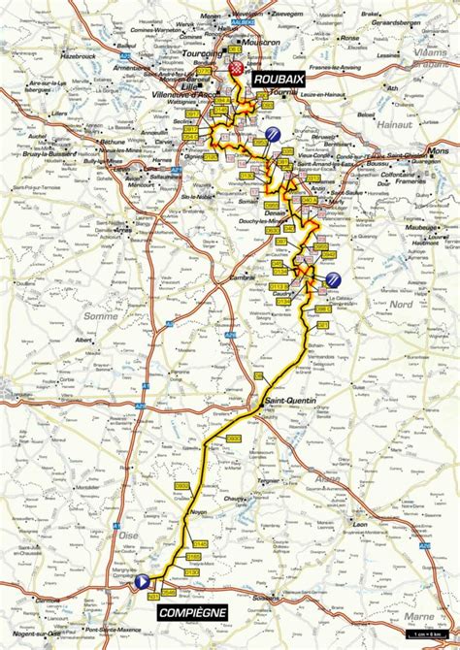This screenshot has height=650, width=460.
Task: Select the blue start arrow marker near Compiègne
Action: coord(142,581)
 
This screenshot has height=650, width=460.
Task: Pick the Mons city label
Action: coord(439,152)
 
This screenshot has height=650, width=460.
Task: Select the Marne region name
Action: coord(421,615)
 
